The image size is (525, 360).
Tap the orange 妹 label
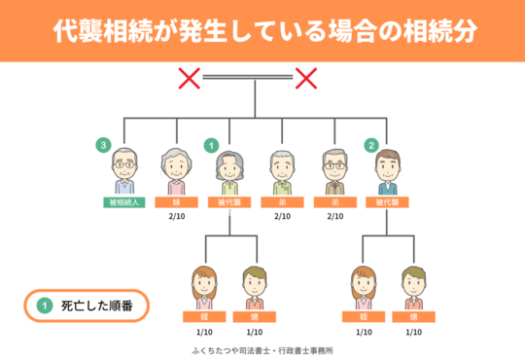coord(176,203)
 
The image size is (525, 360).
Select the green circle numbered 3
coord(102,145)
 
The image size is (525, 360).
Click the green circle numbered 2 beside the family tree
coord(370,145)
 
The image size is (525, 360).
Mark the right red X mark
coord(306,77)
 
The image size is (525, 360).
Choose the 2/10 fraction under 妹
coord(176,217)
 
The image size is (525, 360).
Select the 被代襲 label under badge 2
coord(387,203)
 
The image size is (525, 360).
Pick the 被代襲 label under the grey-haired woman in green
coord(229,203)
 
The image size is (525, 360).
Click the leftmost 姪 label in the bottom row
coord(202,317)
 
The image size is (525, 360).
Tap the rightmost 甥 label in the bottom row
coord(413,317)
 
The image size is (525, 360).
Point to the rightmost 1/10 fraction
coord(413,332)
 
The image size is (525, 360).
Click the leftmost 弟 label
coord(282,203)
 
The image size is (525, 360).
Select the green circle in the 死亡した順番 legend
coord(44,306)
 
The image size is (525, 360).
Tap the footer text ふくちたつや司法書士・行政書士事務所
coord(262,349)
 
